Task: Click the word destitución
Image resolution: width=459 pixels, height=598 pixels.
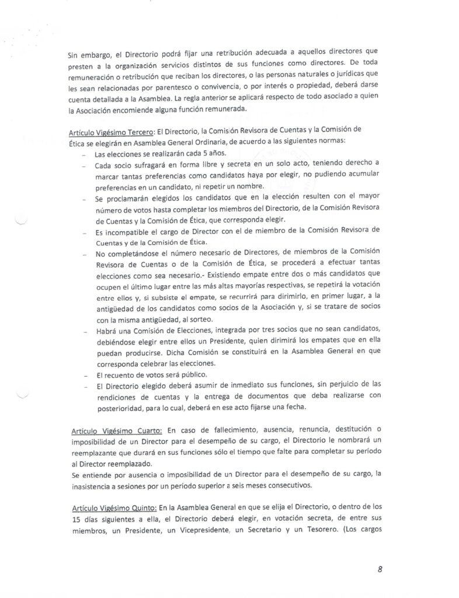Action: (358, 429)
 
